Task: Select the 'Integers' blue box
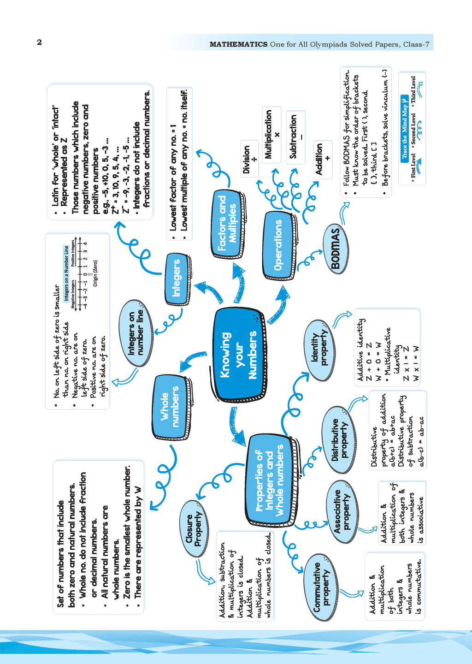pos(177,278)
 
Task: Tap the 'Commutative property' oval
pos(321,587)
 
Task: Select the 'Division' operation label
pos(249,159)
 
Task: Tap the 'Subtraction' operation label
pos(295,137)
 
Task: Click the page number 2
pos(39,42)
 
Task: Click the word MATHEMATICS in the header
pos(238,44)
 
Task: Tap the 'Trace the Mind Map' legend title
pos(404,127)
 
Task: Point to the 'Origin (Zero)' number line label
pos(95,273)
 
